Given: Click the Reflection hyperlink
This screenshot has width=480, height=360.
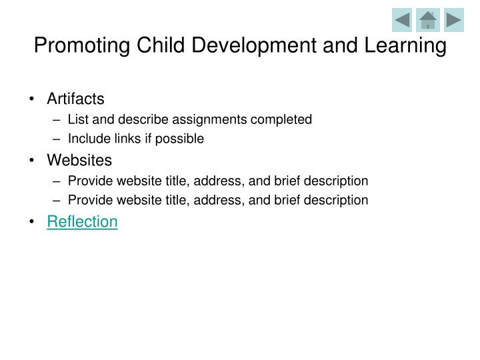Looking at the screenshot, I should click(x=82, y=222).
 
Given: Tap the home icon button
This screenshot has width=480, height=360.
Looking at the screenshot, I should click(x=427, y=20).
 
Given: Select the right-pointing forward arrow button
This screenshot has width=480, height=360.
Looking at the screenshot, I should click(x=453, y=20).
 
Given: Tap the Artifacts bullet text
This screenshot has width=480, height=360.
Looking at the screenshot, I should click(x=75, y=99).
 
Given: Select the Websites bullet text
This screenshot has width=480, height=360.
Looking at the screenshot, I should click(x=79, y=161).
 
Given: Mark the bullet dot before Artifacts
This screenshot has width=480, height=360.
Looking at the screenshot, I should click(x=33, y=100).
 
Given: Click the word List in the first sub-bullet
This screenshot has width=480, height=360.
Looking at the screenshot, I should click(x=77, y=120).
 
